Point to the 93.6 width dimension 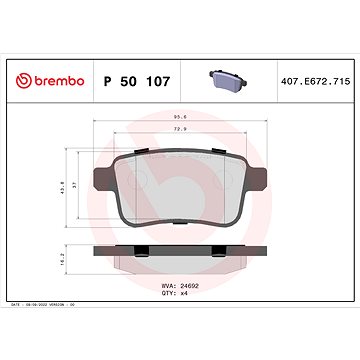(x=180, y=118)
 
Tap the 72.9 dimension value (x=180, y=131)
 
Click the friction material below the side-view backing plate (x=180, y=262)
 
